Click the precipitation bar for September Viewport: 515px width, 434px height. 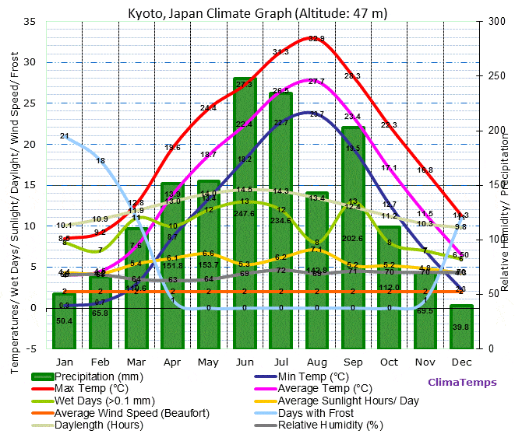[353, 233]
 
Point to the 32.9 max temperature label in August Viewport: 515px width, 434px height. [316, 38]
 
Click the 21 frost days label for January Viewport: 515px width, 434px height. [65, 136]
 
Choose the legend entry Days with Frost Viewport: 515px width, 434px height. [312, 412]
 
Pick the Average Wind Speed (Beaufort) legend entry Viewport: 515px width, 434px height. [117, 412]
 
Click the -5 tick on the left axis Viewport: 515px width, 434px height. [32, 348]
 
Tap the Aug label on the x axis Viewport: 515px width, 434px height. [316, 362]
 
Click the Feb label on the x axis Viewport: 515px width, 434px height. [100, 362]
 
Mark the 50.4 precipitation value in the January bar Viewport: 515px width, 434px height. [65, 321]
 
